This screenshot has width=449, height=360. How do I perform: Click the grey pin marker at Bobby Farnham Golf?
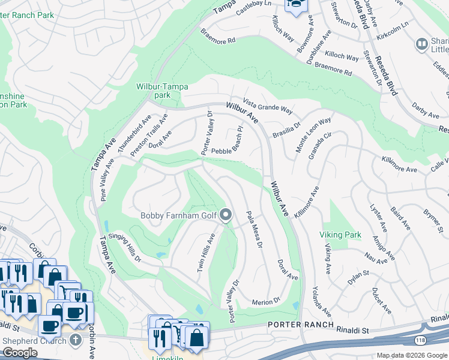pos(226,215)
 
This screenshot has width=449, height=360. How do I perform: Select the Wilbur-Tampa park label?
pos(154,91)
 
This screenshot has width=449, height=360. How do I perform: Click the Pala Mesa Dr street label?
pos(255,229)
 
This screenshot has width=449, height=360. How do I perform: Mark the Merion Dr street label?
pos(267,301)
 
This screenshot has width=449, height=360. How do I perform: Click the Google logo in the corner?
pos(20,353)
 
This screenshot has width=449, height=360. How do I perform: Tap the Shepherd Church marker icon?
pos(74,340)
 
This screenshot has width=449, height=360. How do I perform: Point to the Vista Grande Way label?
pos(268,107)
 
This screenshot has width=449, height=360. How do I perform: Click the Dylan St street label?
pos(358,277)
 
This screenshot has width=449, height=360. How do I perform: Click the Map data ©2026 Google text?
pos(411,355)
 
